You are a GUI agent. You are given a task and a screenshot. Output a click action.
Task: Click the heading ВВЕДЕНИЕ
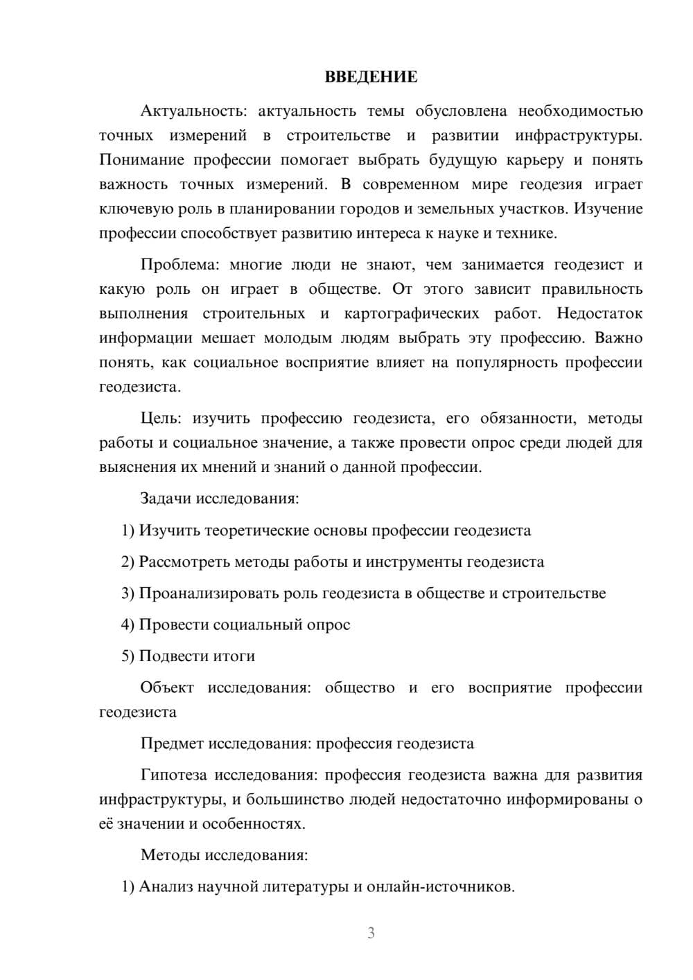pos(371,77)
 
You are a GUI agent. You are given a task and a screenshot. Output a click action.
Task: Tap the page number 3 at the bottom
pos(371,933)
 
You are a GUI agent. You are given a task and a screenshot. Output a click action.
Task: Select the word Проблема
pos(177,265)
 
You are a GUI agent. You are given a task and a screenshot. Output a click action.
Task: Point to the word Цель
pos(161,418)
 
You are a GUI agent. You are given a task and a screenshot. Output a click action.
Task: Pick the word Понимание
pos(141,160)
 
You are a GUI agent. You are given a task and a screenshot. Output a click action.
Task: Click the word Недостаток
pos(599,313)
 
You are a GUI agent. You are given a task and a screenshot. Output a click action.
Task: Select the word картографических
pos(411,313)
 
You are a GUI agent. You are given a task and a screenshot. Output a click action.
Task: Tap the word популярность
pos(505,362)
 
